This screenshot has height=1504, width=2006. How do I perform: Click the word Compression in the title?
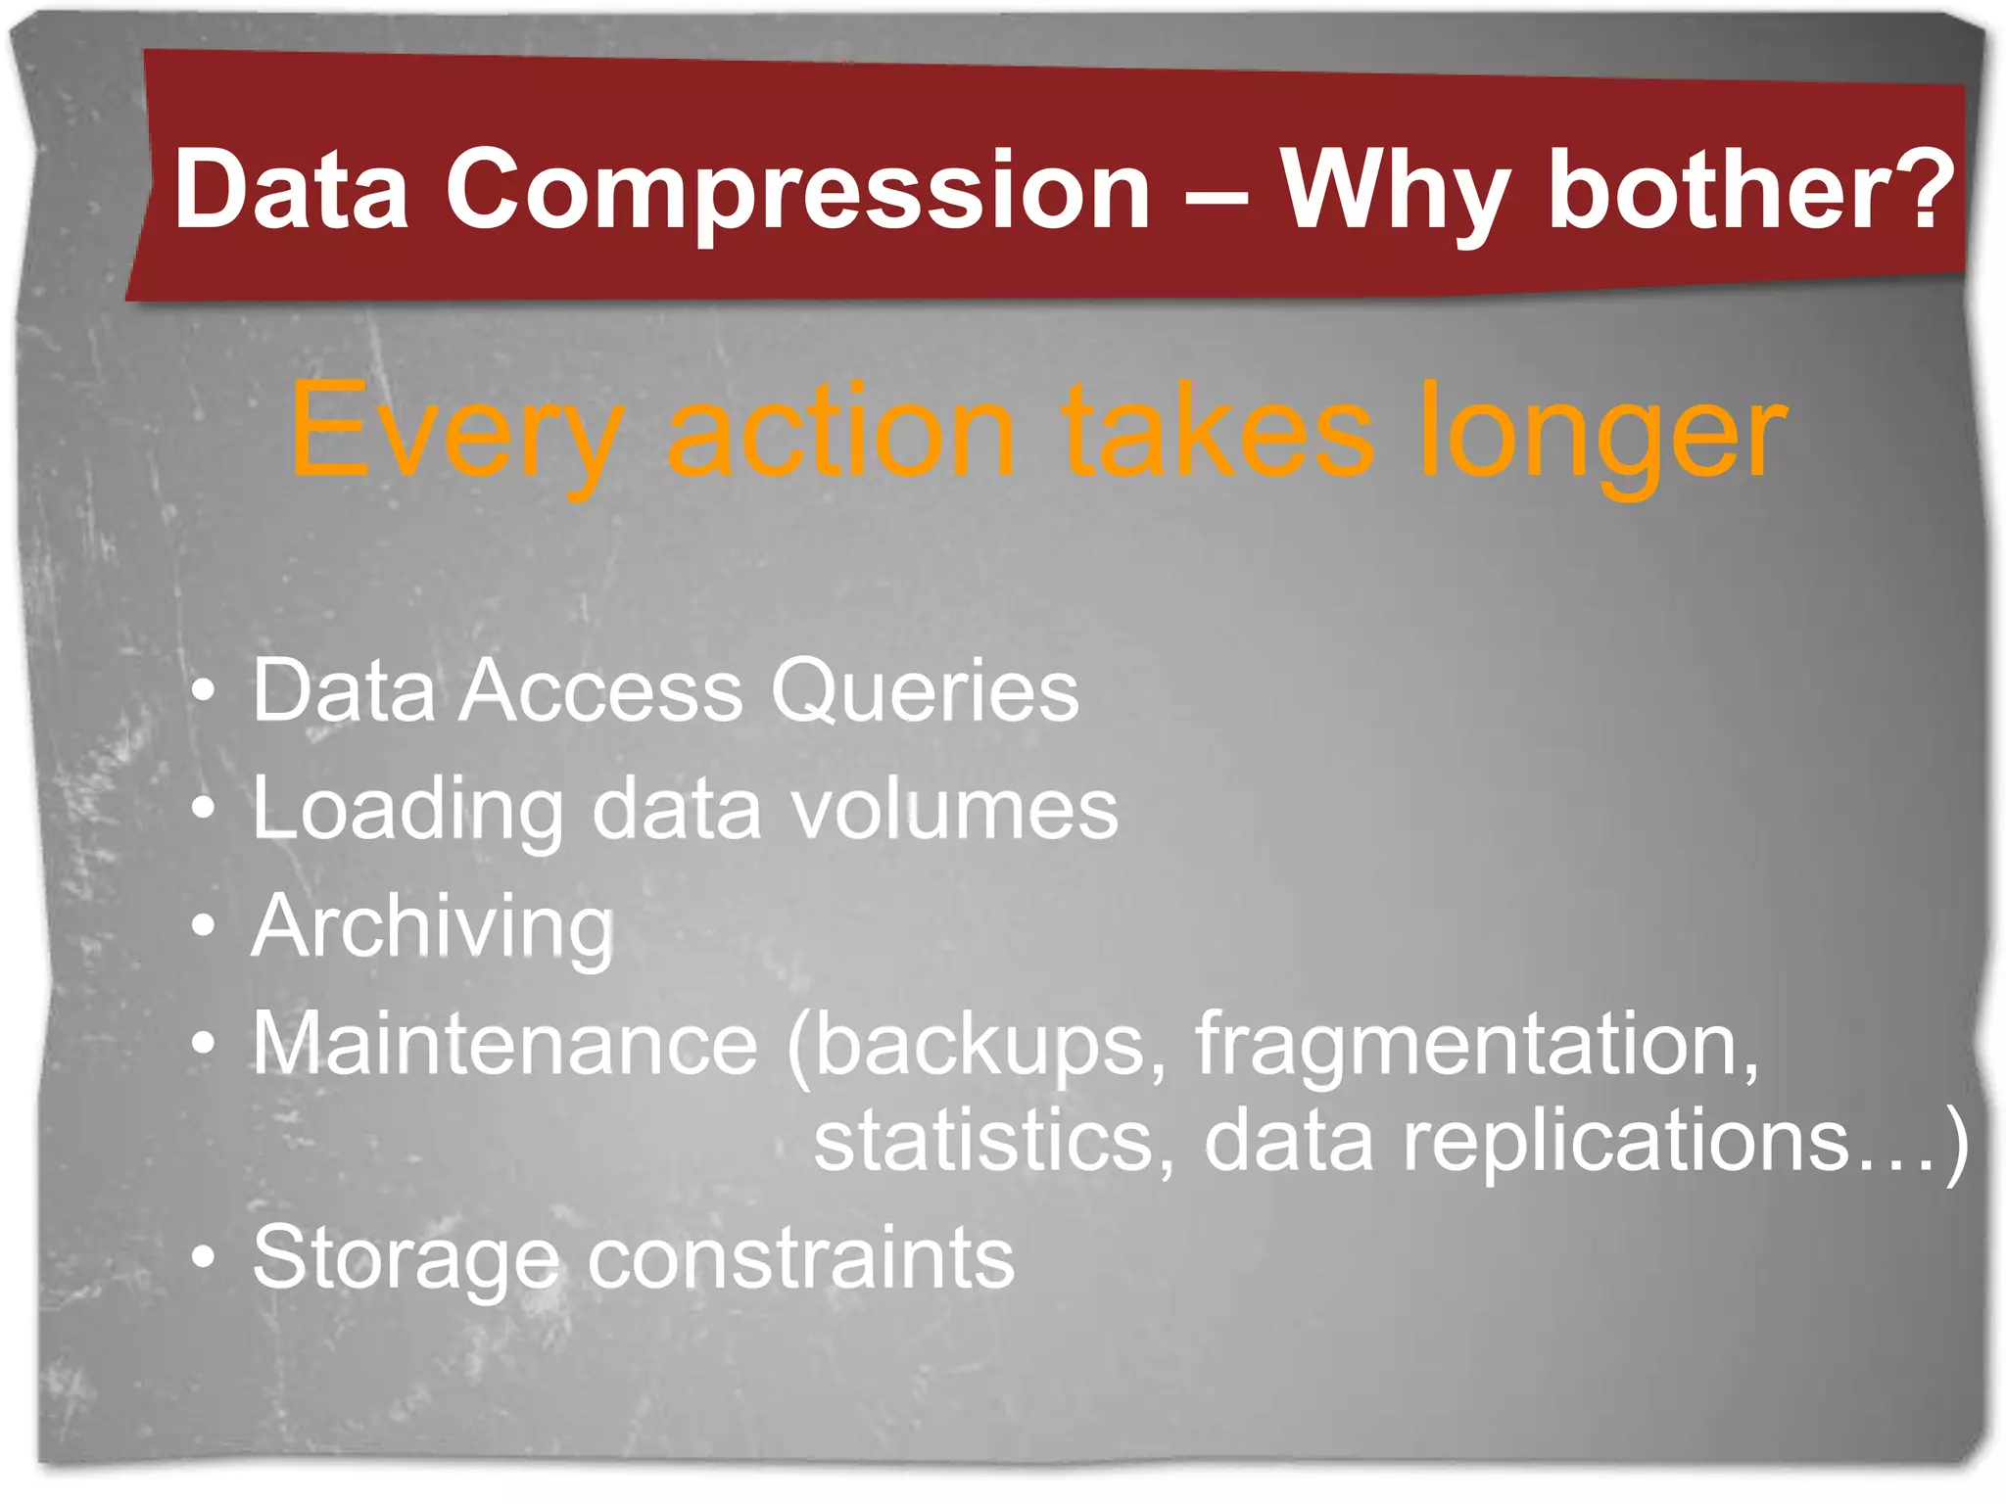coord(798,191)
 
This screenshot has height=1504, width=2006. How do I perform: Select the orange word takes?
coord(1219,431)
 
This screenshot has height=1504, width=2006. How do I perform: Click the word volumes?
coord(954,810)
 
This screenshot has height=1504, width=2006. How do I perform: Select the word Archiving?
coord(432,928)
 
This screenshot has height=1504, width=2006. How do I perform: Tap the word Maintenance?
coord(504,1044)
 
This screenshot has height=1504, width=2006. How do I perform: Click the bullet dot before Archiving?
coord(203,925)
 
